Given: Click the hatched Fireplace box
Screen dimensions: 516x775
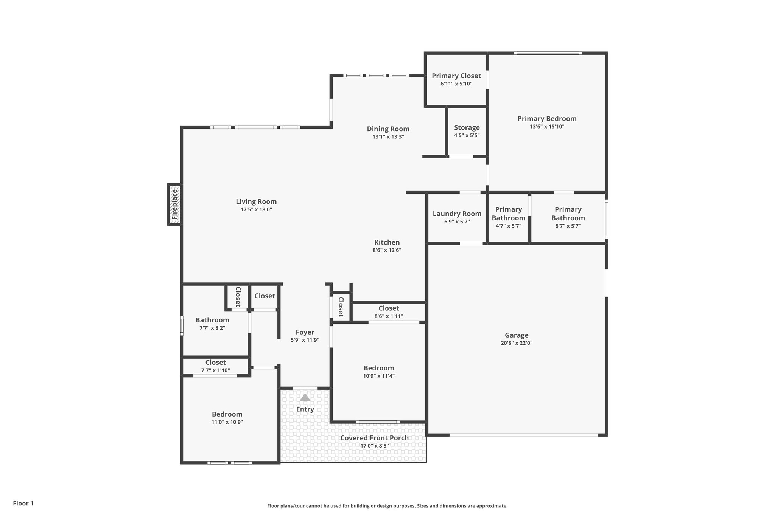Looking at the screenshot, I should tap(174, 205).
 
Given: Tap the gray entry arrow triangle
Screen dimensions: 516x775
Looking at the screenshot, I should tap(305, 398).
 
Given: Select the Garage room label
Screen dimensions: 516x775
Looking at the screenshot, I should tap(517, 335).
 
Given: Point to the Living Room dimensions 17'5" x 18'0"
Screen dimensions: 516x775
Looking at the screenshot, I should tap(256, 209).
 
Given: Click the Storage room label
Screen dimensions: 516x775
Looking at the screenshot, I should tap(467, 128).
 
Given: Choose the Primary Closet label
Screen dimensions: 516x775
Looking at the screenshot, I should tap(456, 76).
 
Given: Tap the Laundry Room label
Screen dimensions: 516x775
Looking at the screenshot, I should tap(457, 214).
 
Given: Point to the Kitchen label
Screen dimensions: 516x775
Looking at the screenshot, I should tap(387, 243).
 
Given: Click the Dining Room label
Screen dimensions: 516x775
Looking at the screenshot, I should tap(388, 129).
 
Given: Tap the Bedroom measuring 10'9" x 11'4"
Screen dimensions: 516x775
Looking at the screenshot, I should tap(378, 368).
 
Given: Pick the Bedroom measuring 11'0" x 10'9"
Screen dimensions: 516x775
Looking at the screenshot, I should tap(227, 414).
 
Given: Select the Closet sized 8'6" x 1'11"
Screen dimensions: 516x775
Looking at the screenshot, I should tap(389, 308).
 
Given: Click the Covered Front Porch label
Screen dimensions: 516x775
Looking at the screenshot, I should tap(374, 438).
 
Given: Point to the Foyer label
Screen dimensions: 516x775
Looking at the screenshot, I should tap(305, 332).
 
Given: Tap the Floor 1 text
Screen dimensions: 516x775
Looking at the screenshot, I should tap(23, 504).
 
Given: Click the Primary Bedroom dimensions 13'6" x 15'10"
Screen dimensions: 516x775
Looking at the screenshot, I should tap(547, 127).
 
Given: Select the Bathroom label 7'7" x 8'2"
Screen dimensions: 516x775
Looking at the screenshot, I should tap(212, 320).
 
